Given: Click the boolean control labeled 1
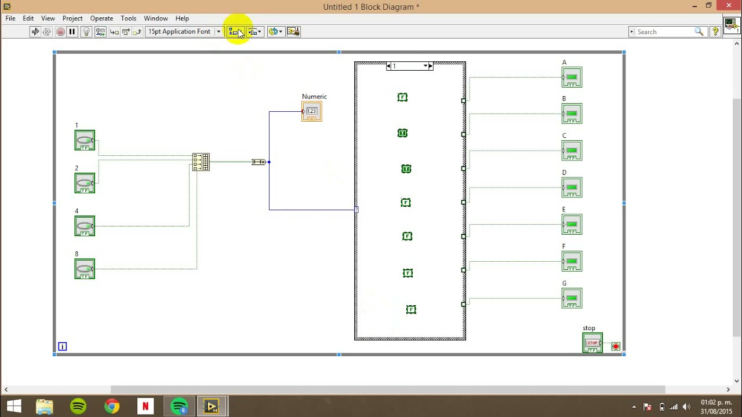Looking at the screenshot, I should click(85, 140).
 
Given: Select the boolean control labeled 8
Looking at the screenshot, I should click(85, 269).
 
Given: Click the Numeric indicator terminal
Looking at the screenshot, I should click(312, 111).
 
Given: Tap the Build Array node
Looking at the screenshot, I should click(201, 162).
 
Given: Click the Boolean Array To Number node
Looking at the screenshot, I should click(259, 162).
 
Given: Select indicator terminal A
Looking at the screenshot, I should click(572, 77).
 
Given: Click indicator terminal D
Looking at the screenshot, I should click(572, 187).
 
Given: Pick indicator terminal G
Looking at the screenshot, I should click(572, 298).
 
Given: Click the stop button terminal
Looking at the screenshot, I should click(592, 342).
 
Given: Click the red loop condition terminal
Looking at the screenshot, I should click(616, 346).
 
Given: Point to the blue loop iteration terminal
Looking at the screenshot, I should click(63, 346).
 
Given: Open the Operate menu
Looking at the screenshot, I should click(101, 19).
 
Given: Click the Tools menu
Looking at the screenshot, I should click(128, 19).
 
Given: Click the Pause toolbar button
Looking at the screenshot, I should click(72, 32).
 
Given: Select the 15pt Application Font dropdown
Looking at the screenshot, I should click(184, 32).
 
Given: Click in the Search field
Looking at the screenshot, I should click(664, 32).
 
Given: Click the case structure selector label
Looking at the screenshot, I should click(409, 66).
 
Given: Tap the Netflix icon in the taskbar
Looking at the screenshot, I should click(146, 406).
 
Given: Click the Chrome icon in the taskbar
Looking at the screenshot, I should click(112, 406).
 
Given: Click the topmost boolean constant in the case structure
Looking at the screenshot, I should click(402, 97).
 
